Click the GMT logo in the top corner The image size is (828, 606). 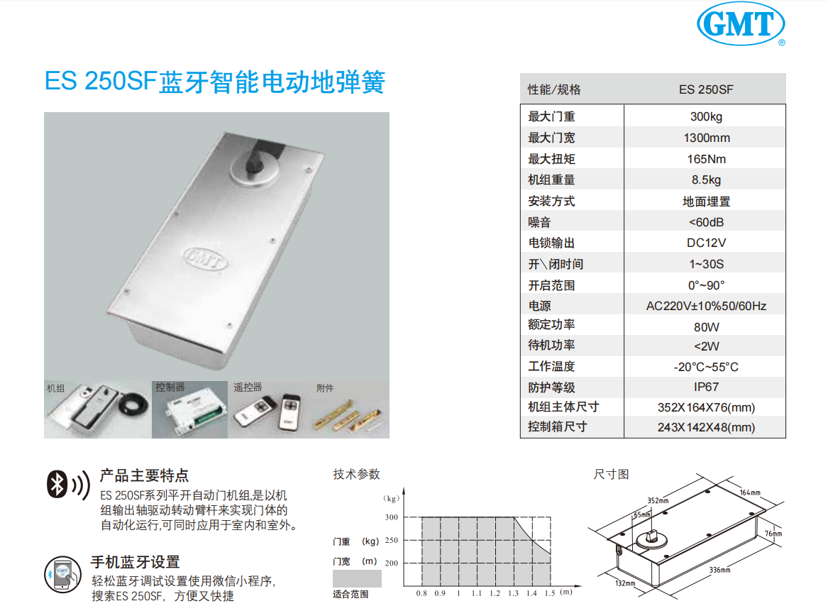click(x=741, y=24)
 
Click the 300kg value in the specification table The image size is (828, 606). click(x=706, y=117)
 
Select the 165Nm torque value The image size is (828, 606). click(x=707, y=159)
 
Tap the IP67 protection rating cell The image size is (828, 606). click(x=706, y=387)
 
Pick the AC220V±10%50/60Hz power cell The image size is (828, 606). click(x=706, y=306)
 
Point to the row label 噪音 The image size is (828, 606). click(x=539, y=222)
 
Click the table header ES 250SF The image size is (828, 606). click(x=706, y=89)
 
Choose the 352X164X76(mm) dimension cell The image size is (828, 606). click(x=706, y=407)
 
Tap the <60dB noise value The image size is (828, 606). click(x=706, y=222)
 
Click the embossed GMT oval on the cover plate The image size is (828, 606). click(x=206, y=258)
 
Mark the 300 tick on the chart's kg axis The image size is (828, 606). click(x=391, y=517)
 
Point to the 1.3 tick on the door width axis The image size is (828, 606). click(x=513, y=593)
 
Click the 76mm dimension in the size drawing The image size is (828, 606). click(x=773, y=534)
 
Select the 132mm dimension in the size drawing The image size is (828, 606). click(x=625, y=583)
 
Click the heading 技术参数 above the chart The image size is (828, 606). click(x=356, y=475)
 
